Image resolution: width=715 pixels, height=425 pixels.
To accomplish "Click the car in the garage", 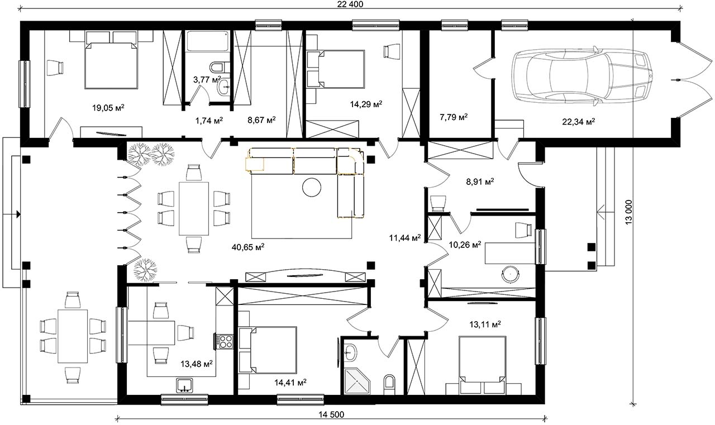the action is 581,76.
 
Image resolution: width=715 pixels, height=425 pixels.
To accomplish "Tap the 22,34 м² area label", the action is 578,122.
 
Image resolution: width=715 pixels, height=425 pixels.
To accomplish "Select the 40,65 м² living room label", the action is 248,247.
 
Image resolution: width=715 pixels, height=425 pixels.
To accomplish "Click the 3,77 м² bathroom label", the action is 207,79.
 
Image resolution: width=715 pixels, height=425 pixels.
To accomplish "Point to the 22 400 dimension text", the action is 350,4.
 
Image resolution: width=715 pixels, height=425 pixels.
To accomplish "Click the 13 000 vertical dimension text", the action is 628,212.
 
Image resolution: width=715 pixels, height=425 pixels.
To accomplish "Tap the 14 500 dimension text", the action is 331,414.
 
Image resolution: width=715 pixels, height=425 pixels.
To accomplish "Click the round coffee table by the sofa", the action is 312,188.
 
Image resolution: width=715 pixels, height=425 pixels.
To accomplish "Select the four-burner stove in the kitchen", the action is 225,341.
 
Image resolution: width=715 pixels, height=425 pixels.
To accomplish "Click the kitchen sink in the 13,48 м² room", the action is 184,385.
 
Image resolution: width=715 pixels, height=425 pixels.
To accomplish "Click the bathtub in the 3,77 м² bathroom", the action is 207,41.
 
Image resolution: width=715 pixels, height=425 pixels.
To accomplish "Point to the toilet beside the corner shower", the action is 389,384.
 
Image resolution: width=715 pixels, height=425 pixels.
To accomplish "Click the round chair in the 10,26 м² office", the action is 511,274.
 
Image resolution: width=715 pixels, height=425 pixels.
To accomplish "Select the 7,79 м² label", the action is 454,117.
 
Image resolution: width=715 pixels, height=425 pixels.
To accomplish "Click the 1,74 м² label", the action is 209,120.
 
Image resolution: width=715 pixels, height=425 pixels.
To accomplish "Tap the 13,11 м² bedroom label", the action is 485,324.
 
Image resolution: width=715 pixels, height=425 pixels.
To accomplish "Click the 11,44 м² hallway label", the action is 405,237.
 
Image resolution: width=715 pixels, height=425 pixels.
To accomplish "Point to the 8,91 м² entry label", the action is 480,182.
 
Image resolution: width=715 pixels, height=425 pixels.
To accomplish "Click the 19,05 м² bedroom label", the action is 108,108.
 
